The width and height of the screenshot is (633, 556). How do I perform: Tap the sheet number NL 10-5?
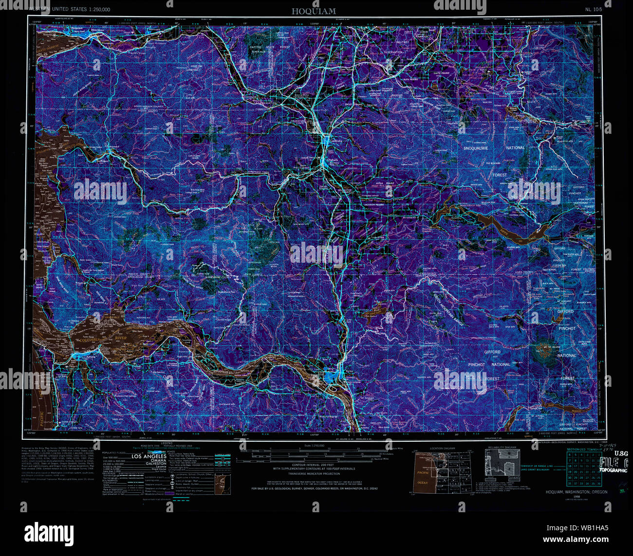pyautogui.click(x=594, y=9)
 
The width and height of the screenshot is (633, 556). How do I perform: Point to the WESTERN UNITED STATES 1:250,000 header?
pyautogui.click(x=70, y=9)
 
